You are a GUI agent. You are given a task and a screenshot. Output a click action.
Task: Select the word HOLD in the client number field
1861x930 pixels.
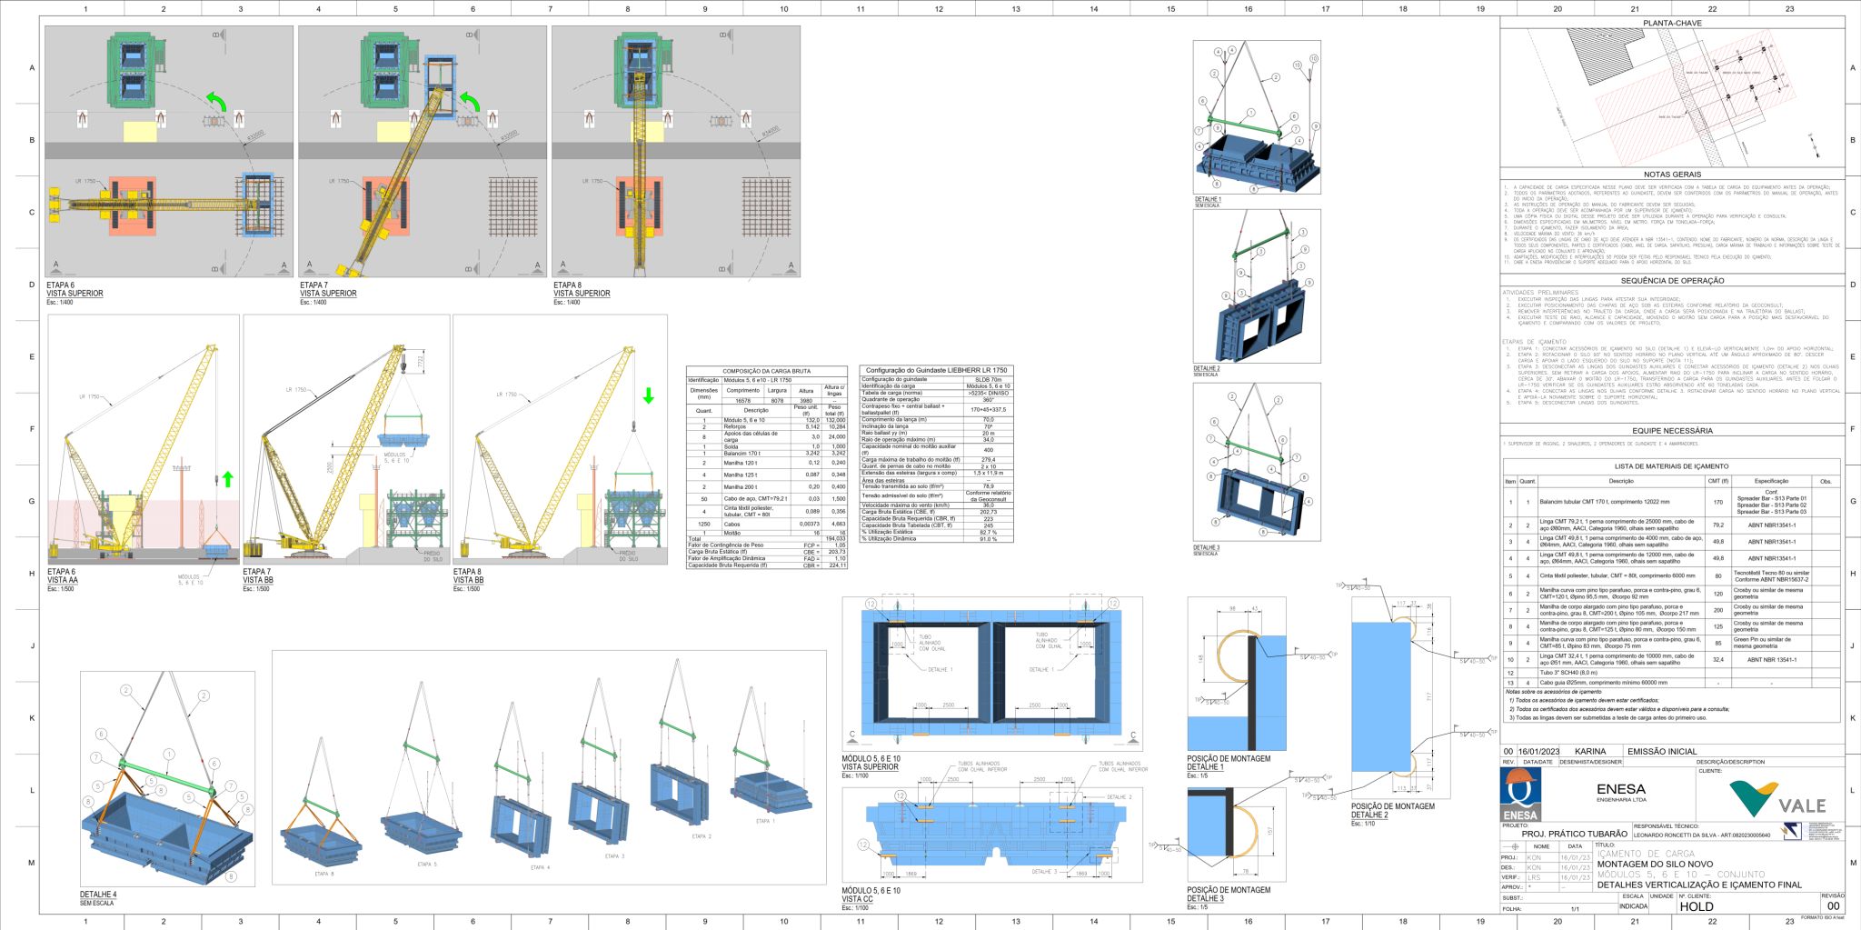click(1697, 906)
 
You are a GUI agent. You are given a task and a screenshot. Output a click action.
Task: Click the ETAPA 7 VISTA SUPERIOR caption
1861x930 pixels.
click(328, 289)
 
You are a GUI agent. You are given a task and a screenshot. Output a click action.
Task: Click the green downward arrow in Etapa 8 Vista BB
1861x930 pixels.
click(648, 395)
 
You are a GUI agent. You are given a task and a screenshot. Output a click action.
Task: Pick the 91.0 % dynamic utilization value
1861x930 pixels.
click(988, 539)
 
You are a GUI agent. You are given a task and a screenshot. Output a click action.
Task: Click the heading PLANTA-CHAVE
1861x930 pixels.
click(1672, 22)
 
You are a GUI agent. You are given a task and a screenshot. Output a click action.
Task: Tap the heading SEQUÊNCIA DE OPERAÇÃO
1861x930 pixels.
click(1672, 281)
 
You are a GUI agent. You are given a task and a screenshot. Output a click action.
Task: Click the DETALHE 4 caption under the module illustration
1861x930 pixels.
click(98, 895)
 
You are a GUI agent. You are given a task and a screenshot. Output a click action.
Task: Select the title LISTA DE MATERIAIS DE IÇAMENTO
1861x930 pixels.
click(1671, 465)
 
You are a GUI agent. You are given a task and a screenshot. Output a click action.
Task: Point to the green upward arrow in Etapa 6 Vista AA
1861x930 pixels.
click(226, 478)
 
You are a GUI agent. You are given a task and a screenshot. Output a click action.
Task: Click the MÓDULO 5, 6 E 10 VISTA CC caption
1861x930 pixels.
click(871, 895)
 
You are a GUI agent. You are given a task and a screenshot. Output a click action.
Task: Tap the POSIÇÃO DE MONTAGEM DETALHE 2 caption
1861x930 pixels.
click(1392, 811)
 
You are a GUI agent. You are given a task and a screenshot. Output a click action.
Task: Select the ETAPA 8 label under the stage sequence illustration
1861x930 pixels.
click(324, 874)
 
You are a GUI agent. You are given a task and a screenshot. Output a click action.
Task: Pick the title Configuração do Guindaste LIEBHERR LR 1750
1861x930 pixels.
click(937, 371)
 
